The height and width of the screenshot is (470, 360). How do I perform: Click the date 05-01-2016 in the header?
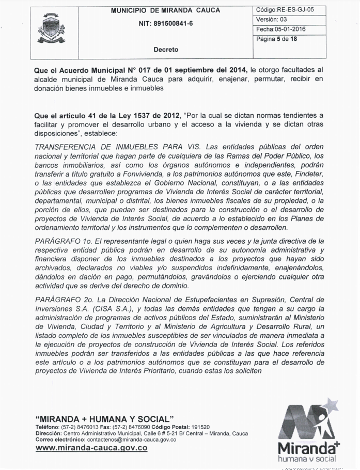click(x=291, y=29)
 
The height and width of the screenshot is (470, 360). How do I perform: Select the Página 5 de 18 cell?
click(x=276, y=39)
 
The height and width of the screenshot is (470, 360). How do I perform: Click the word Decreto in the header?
click(x=166, y=50)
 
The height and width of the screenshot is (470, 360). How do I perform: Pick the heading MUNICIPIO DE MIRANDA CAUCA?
click(x=165, y=10)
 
